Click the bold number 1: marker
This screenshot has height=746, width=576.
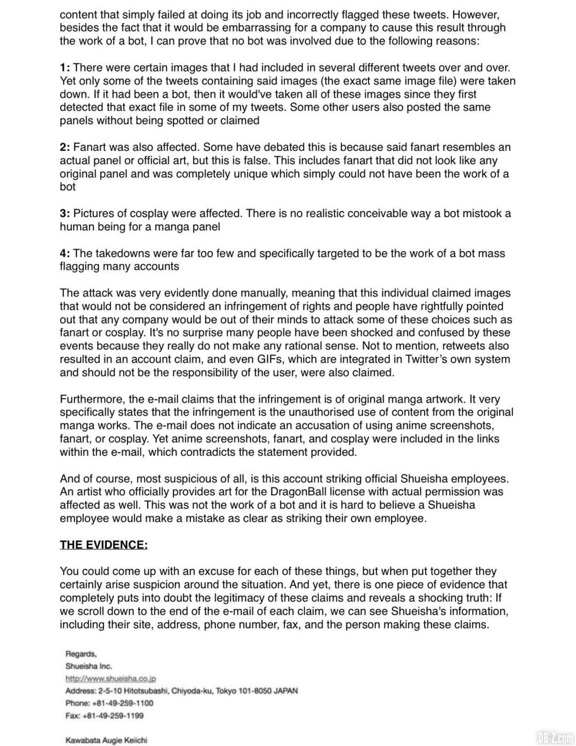65,68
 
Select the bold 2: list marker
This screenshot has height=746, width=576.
65,147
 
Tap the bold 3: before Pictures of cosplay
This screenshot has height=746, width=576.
65,214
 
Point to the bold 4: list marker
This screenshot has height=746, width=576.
65,254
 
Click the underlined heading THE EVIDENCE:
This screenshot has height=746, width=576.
103,545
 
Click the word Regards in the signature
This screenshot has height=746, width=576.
81,654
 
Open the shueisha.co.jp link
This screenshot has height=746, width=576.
110,679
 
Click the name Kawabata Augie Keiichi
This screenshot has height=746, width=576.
106,740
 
